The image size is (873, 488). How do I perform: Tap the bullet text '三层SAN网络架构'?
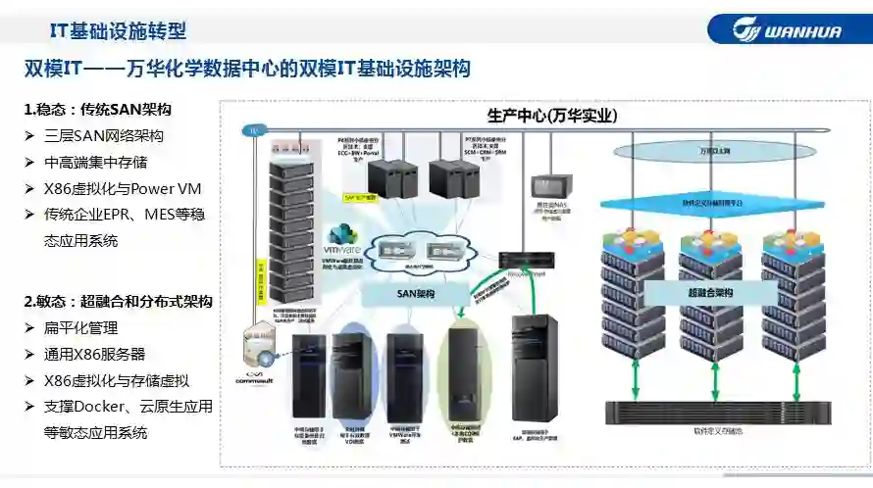(104, 136)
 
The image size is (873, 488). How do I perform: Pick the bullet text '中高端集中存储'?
(96, 163)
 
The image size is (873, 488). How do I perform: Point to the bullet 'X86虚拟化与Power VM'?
(123, 188)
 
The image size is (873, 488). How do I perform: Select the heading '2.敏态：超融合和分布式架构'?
(118, 302)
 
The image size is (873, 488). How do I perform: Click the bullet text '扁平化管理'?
(81, 328)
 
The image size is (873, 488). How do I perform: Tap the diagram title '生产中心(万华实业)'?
(552, 116)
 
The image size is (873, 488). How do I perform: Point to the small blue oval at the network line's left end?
(254, 130)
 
